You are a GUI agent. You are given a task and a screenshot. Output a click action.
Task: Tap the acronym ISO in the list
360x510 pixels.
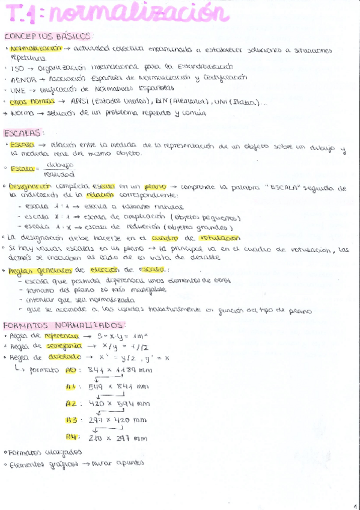[17, 68]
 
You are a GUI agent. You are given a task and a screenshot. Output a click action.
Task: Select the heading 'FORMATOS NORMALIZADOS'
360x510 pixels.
[55, 325]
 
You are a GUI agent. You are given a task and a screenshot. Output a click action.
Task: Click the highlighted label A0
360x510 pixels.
[71, 370]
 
